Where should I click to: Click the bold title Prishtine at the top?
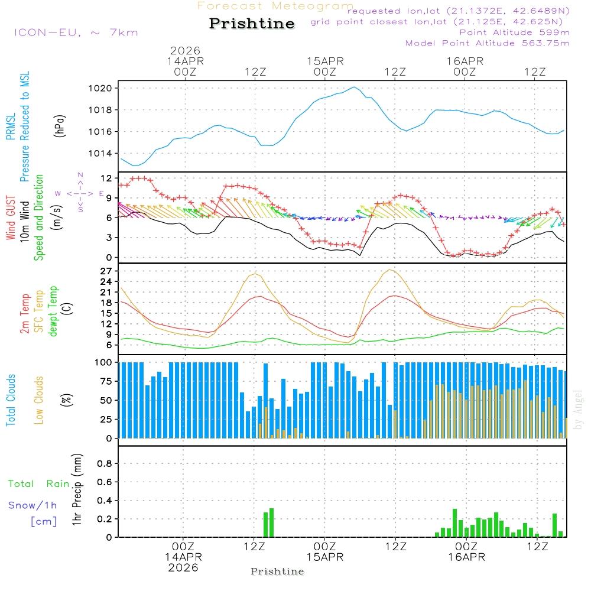[x=252, y=24]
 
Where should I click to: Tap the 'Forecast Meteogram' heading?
[x=275, y=6]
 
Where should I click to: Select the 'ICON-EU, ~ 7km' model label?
[x=76, y=33]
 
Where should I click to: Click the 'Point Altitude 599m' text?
[x=514, y=33]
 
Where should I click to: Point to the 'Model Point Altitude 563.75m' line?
[x=488, y=43]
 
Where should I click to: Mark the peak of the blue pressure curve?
[x=355, y=87]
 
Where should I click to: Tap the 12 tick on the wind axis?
[x=106, y=178]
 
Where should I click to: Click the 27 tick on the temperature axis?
[x=106, y=271]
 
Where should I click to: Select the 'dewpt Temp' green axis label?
[x=54, y=311]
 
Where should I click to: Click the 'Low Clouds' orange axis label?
[x=39, y=400]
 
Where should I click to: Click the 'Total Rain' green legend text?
[x=38, y=484]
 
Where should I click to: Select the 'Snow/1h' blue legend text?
[x=33, y=505]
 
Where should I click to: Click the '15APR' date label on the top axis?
[x=325, y=61]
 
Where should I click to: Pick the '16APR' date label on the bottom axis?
[x=466, y=557]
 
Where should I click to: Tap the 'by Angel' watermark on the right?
[x=578, y=409]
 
